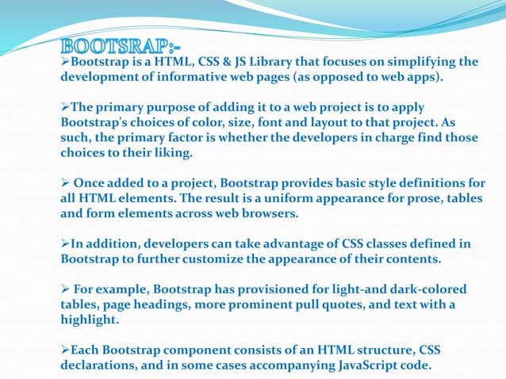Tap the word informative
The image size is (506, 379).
(182, 78)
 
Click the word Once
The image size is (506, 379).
(90, 182)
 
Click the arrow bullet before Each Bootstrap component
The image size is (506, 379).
(66, 349)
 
